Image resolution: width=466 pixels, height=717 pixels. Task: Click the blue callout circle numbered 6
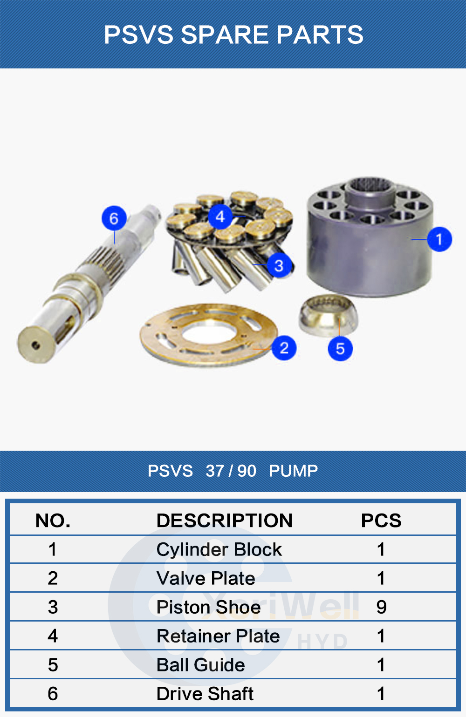114,218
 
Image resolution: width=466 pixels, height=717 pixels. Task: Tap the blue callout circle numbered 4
220,216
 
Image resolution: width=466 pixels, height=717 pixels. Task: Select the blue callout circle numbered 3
279,265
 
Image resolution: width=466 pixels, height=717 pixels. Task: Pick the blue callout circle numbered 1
439,239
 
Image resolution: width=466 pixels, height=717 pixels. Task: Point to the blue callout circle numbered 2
284,348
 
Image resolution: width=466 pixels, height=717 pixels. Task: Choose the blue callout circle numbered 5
340,348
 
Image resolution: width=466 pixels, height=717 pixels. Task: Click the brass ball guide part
328,315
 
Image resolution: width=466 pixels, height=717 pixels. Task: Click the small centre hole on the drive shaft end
36,345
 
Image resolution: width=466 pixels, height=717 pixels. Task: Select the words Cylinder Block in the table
219,549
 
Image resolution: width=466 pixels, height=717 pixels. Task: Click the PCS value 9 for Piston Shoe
381,607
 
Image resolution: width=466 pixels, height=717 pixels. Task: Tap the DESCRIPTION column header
224,521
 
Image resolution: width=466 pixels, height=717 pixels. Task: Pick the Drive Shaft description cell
205,694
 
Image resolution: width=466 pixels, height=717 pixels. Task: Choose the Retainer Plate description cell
218,636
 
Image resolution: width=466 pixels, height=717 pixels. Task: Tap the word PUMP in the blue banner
293,471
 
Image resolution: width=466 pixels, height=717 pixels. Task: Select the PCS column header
381,521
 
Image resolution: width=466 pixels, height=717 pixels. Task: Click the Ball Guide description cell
200,665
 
